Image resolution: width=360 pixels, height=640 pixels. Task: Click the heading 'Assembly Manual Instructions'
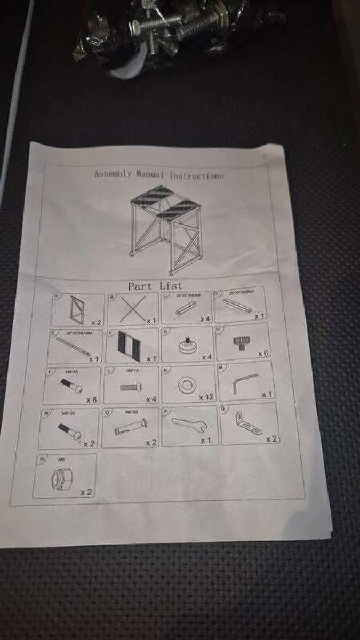click(x=159, y=174)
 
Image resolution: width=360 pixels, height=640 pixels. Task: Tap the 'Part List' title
click(x=155, y=286)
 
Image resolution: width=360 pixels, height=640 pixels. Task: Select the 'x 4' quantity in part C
click(x=205, y=318)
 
